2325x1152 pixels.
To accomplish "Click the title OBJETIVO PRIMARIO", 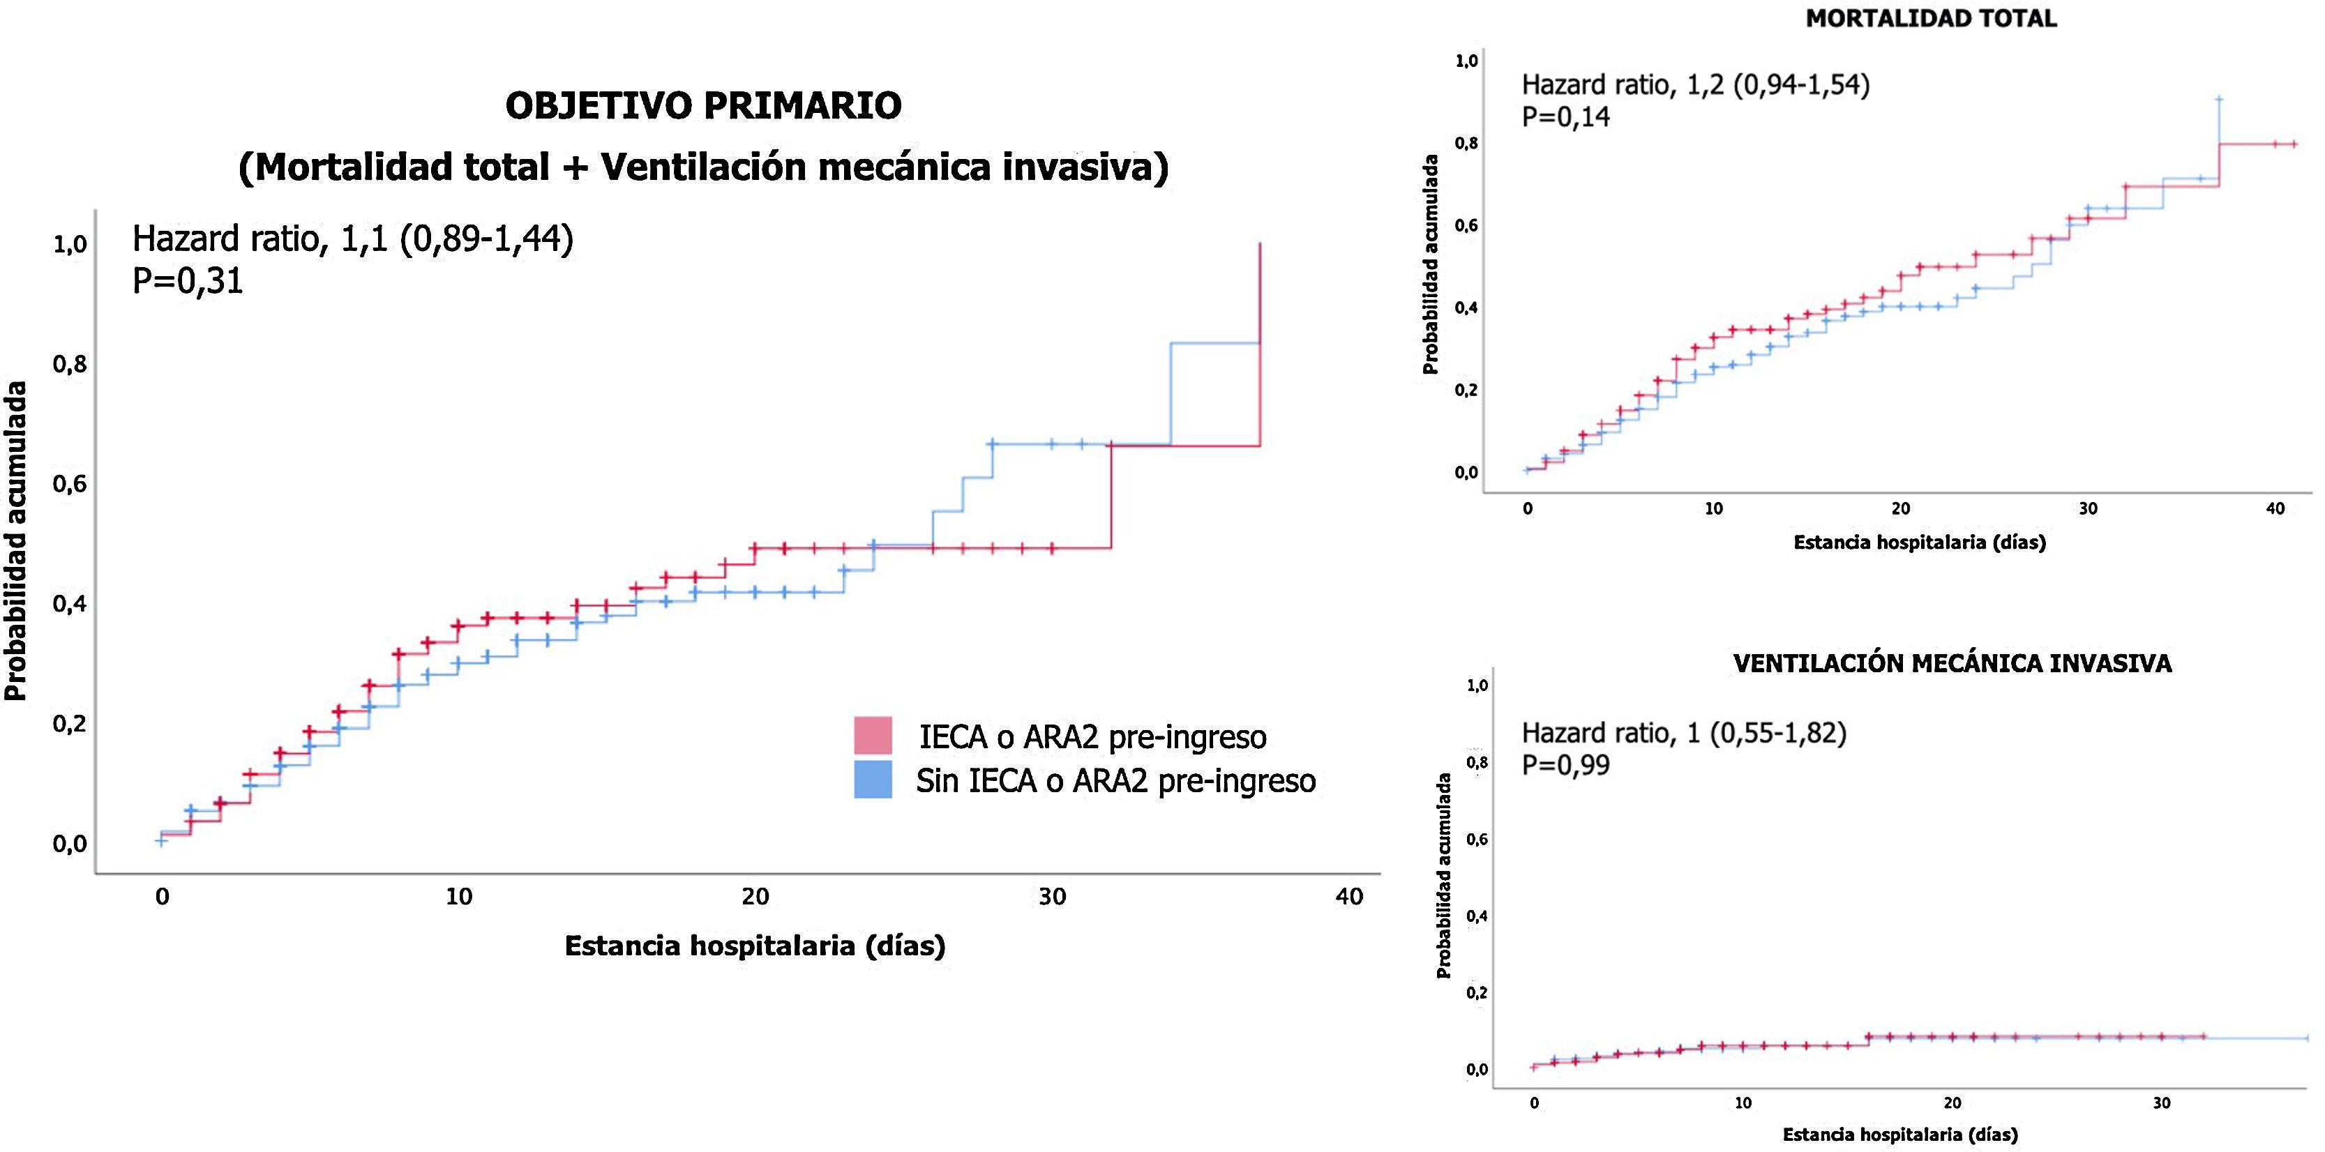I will point(703,105).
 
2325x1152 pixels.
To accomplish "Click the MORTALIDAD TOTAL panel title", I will point(1931,19).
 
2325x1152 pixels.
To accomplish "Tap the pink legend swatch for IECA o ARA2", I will point(873,735).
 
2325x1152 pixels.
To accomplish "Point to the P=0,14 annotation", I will point(1566,117).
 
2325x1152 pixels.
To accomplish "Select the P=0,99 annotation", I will point(1566,765).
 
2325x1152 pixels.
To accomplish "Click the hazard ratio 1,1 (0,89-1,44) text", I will point(353,239).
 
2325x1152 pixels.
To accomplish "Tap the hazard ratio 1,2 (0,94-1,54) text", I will point(1696,85).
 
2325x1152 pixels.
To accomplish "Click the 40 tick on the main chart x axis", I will point(1349,897).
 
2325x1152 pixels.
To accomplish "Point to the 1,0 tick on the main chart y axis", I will point(70,245).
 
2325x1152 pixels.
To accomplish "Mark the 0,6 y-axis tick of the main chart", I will point(70,485).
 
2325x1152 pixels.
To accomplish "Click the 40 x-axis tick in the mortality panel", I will point(2275,509).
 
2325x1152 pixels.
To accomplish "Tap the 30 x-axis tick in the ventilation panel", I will point(2162,1102).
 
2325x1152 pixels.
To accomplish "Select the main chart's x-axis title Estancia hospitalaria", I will point(755,946).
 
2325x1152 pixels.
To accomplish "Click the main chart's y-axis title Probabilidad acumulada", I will point(15,541).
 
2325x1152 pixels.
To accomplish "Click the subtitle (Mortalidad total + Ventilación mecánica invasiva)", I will point(703,167).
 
